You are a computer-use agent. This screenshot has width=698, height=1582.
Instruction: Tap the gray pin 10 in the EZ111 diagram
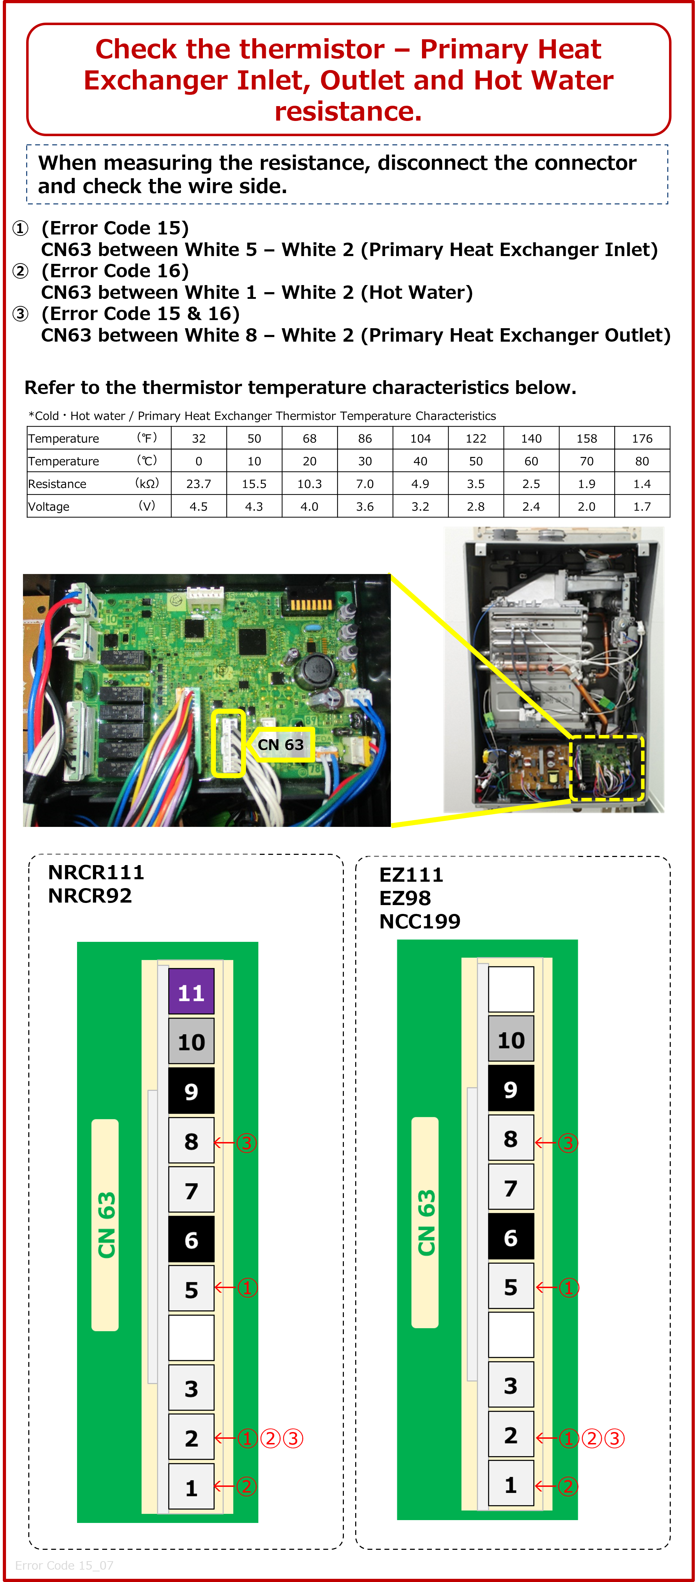tap(511, 1039)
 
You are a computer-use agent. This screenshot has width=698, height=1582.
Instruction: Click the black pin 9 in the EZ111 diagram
tap(511, 1089)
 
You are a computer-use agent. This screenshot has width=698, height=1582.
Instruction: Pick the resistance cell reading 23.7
tap(198, 484)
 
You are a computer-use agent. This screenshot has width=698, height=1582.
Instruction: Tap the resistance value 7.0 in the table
tap(365, 484)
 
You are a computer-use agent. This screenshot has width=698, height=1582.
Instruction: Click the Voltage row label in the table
tap(49, 507)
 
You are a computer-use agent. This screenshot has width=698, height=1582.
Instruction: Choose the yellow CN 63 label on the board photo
tap(281, 744)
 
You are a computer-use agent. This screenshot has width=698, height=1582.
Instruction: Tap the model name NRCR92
tap(90, 896)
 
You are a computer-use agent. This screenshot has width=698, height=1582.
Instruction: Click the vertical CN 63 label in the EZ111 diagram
tap(426, 1222)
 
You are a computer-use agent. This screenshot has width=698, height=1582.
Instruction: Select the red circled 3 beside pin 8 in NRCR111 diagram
tap(247, 1143)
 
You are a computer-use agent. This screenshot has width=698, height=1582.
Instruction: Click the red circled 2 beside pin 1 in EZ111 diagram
tap(568, 1486)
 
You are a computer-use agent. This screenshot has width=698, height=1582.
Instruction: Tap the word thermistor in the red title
tap(286, 49)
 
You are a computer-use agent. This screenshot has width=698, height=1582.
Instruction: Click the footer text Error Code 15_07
tap(64, 1565)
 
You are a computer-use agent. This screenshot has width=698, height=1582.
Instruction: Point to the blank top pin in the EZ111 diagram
tap(511, 989)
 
